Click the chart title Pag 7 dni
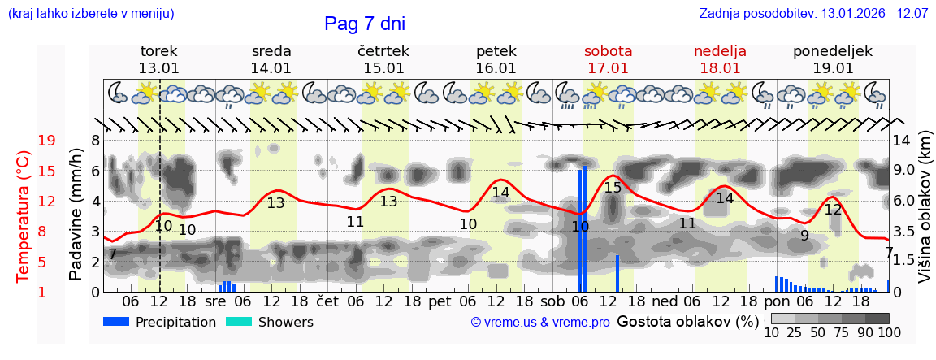coord(364,24)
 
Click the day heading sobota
coord(608,51)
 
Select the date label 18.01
coord(720,68)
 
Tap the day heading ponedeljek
coord(832,51)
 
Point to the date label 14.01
coord(271,68)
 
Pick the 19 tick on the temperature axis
coord(46,141)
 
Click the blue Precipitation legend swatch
coord(116,322)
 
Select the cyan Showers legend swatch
coord(239,322)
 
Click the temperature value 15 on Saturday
coord(613,188)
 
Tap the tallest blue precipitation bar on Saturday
coord(585,228)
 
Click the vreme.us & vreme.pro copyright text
coord(540,323)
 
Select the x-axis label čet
coord(327,301)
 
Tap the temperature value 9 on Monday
coord(804,236)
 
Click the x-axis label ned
coord(665,301)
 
